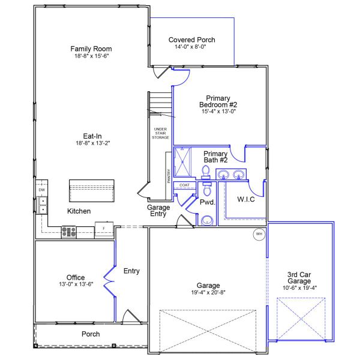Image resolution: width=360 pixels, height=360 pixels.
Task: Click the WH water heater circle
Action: (259, 234)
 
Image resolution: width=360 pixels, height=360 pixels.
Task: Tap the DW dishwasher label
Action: (42, 190)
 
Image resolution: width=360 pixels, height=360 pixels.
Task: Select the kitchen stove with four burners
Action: (69, 232)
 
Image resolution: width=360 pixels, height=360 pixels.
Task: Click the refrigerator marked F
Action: (104, 229)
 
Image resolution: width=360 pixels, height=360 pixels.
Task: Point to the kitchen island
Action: (92, 191)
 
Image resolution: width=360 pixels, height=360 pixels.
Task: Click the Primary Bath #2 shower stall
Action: (182, 162)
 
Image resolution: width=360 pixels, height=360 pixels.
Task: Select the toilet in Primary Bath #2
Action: (206, 172)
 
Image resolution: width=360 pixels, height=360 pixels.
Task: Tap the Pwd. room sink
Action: (207, 221)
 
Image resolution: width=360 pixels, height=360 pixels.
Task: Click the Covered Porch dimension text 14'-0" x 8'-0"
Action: (190, 47)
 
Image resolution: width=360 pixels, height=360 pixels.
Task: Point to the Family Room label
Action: (91, 49)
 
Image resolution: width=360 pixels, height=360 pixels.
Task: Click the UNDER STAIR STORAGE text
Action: (160, 133)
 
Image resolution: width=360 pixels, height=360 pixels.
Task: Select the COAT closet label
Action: (184, 185)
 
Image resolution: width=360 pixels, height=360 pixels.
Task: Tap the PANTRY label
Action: (169, 176)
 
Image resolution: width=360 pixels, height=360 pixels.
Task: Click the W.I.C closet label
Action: (246, 199)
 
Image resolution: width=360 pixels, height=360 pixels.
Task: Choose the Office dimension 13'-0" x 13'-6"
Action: (76, 284)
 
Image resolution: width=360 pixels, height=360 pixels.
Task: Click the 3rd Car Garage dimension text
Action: (299, 288)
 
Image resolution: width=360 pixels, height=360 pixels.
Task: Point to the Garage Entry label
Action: (158, 211)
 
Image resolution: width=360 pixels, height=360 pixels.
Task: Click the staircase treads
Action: (160, 104)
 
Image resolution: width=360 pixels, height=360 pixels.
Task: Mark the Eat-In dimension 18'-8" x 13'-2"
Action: (93, 143)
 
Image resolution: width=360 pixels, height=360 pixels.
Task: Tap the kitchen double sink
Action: (43, 205)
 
